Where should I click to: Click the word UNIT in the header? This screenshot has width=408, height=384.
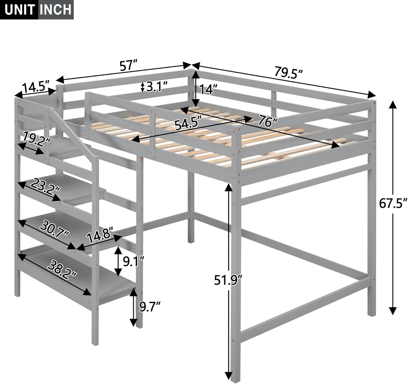point(19,10)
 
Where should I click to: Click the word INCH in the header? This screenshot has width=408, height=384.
point(56,10)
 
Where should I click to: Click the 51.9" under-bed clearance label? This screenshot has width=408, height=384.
point(227,280)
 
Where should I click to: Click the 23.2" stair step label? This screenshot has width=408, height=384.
point(45,186)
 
